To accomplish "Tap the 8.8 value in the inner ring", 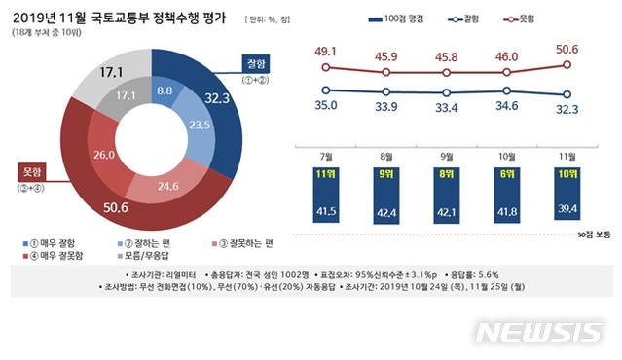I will (165, 90).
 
